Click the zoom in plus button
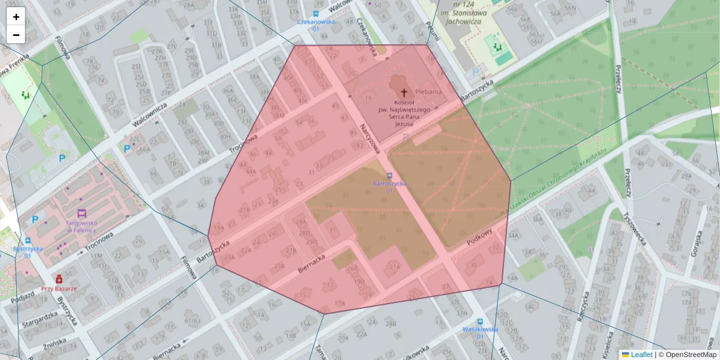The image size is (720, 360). coord(16,17)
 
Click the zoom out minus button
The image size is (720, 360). coord(16,35)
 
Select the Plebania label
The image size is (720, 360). coord(428,92)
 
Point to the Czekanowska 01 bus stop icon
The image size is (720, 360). coord(316,13)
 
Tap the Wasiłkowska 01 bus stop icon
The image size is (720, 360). coord(481,321)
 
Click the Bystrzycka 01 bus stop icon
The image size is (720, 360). coord(28,241)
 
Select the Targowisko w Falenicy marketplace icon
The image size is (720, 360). coord(82,213)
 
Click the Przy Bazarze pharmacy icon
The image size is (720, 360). coord(59,279)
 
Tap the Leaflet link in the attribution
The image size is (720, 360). coord(641,355)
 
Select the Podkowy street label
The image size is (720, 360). coord(479,236)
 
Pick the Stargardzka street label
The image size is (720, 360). coord(37,320)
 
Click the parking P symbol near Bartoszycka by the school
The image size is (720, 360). coord(476,72)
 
